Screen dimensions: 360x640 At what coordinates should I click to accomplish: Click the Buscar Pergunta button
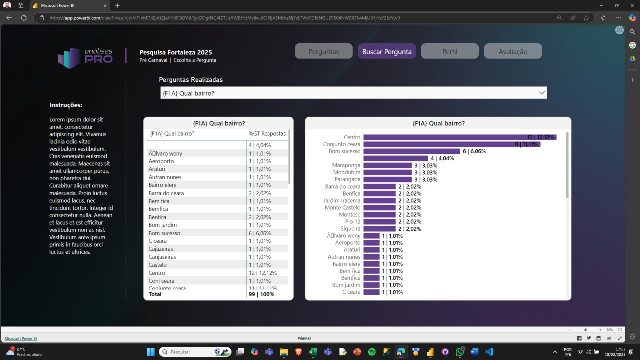(387, 51)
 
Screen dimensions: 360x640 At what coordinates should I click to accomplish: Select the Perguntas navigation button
(323, 51)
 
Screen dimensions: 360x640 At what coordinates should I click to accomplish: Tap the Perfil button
(449, 51)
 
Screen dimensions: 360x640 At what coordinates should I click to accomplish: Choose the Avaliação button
(513, 51)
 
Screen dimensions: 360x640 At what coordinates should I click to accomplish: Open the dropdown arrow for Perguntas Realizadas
(541, 93)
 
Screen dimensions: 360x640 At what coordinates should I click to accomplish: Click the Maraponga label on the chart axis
(346, 165)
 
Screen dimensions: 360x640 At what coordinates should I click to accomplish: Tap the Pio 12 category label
(352, 221)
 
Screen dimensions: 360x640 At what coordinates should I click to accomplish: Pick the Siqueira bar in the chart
(379, 229)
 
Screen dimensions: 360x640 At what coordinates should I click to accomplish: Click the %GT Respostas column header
(267, 134)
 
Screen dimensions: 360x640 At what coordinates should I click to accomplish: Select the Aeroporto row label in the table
(161, 161)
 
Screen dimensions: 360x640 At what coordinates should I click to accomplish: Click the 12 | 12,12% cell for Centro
(262, 273)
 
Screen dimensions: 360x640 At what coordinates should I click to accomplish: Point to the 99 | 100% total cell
(261, 294)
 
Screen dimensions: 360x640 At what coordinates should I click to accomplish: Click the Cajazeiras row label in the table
(161, 249)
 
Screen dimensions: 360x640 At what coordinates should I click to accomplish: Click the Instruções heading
(66, 105)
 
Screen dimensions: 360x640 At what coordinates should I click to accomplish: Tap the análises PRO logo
(85, 57)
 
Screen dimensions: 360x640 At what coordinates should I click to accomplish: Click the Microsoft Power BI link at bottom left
(21, 338)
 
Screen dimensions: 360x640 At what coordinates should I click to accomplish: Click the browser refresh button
(24, 18)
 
